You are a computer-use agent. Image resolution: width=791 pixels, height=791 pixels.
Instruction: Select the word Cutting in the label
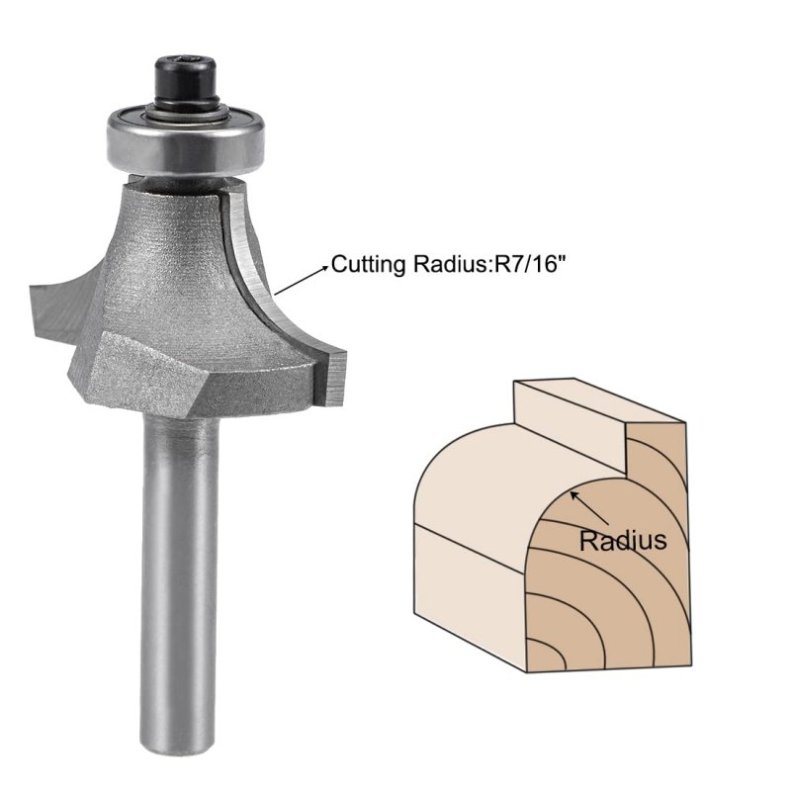tap(368, 264)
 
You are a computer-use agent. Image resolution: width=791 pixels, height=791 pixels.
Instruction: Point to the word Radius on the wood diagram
tap(623, 540)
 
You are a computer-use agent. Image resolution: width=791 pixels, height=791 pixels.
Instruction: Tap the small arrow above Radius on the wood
tap(588, 508)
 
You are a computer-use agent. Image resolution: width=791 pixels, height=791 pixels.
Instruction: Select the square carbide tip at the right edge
tap(334, 379)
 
